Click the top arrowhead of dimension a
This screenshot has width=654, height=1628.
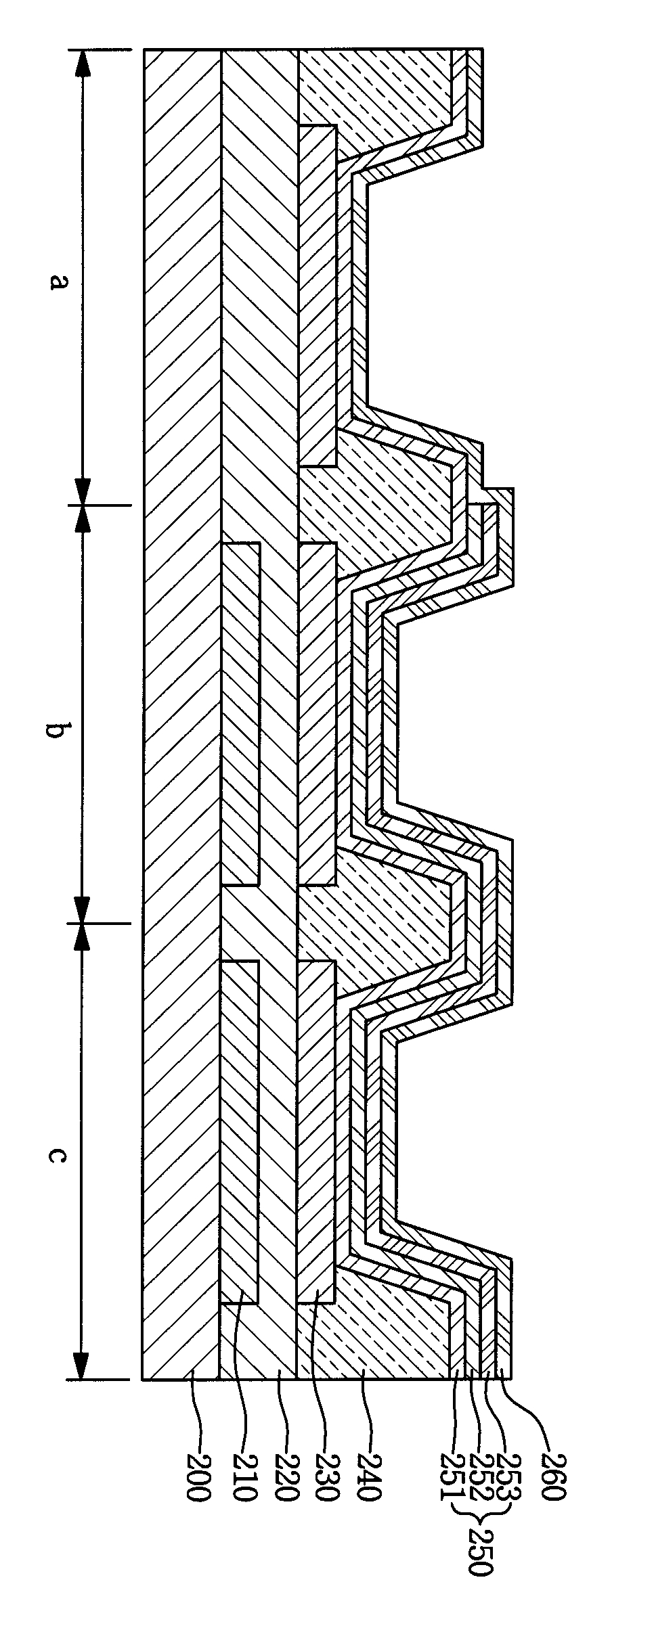tap(82, 62)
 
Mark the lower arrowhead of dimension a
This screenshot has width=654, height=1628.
tap(82, 491)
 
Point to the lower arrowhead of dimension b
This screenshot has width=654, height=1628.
tap(82, 909)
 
